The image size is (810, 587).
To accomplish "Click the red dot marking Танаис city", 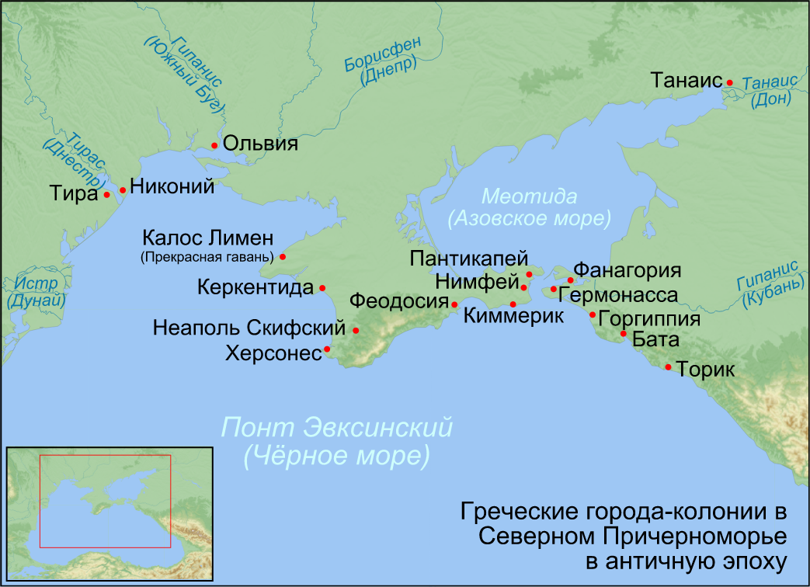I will [x=730, y=82].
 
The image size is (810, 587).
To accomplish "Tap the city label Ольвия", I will [x=260, y=144].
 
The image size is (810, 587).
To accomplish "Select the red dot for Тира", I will [x=107, y=194].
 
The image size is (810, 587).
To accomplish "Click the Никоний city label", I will [x=172, y=186].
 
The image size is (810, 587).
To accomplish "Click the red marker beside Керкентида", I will [x=322, y=288].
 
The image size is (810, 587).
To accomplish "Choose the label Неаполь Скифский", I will [x=249, y=328].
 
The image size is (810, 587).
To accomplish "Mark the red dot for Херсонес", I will [x=327, y=349].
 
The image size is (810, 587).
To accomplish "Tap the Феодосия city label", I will [x=398, y=301].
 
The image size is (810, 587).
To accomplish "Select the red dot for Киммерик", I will [x=513, y=304].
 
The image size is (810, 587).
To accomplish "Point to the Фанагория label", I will [x=627, y=272].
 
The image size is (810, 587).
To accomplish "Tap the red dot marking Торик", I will [x=668, y=366].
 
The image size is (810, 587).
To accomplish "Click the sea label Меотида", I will [x=528, y=196].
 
